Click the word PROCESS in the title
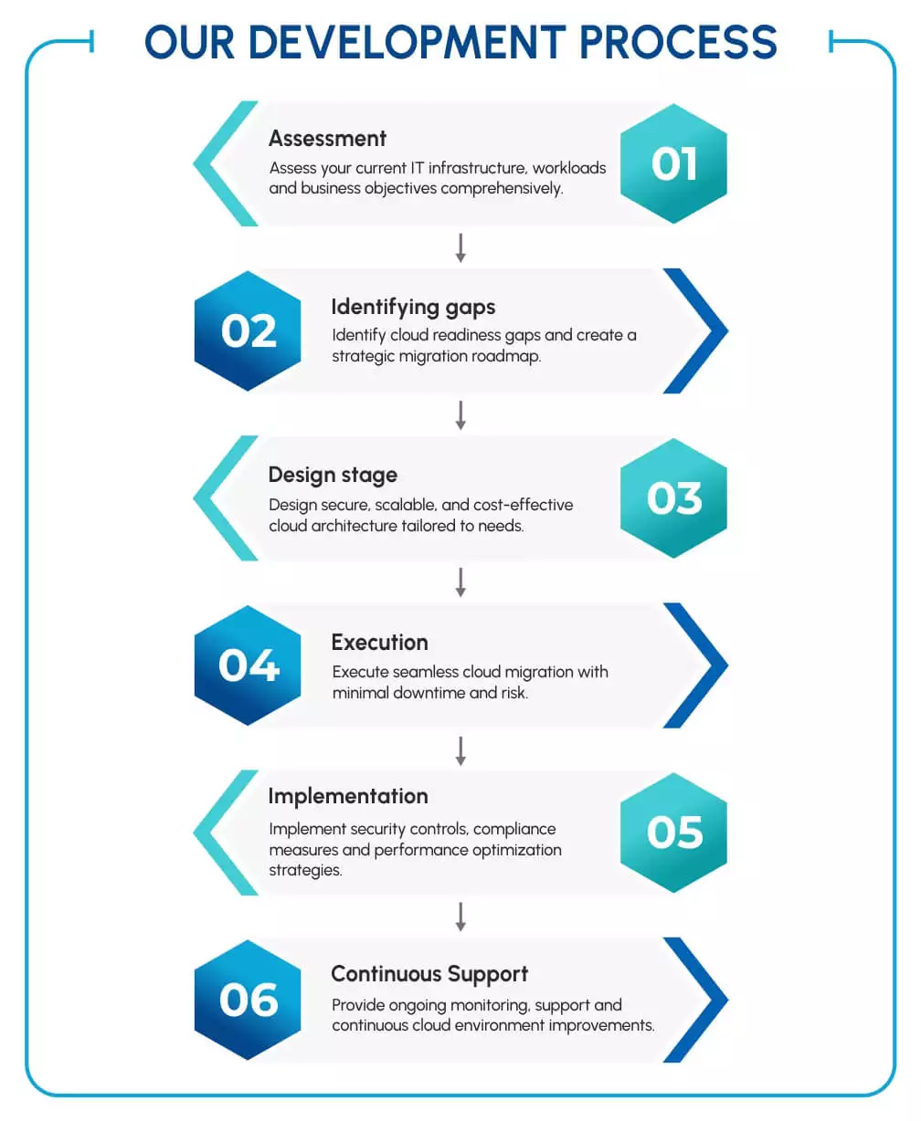click(x=678, y=43)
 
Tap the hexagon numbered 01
click(x=673, y=164)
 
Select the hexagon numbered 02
click(x=248, y=331)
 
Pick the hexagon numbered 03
click(x=673, y=498)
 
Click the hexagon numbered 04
click(x=248, y=665)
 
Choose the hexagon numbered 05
click(x=673, y=833)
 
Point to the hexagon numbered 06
click(x=248, y=1001)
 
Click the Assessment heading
click(x=327, y=139)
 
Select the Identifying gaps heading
click(x=413, y=307)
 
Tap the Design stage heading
click(x=333, y=475)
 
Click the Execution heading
click(x=379, y=643)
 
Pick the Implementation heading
click(x=348, y=796)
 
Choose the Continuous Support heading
click(x=429, y=974)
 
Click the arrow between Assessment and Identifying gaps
click(x=460, y=247)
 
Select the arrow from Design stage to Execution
click(x=460, y=582)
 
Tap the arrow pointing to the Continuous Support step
click(x=460, y=917)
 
